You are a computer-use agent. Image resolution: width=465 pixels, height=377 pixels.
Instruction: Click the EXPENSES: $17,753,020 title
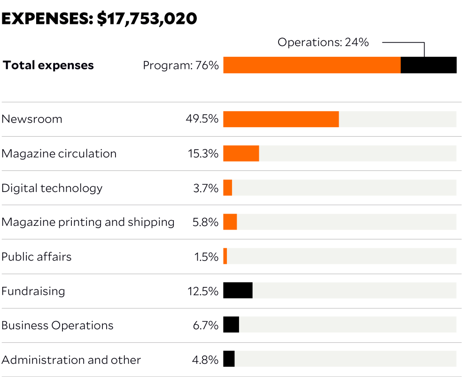click(x=99, y=19)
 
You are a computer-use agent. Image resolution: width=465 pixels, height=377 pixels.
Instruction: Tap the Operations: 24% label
click(x=323, y=42)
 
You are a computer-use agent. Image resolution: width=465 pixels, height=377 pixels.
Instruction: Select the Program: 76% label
click(x=181, y=65)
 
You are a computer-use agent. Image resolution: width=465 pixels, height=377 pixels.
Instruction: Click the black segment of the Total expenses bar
click(x=428, y=65)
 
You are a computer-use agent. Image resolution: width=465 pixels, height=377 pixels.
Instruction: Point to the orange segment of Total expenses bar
click(x=312, y=65)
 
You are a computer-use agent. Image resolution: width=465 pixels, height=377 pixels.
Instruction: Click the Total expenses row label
click(x=48, y=65)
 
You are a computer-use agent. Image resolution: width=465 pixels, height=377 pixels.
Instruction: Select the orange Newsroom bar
click(x=281, y=119)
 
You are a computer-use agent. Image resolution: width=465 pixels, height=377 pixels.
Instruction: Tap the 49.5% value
click(x=202, y=119)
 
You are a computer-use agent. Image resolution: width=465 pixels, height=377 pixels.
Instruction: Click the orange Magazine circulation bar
click(x=241, y=154)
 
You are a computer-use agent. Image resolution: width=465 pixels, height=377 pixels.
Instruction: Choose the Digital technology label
click(x=52, y=188)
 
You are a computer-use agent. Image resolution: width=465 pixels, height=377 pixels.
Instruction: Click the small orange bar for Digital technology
click(x=228, y=188)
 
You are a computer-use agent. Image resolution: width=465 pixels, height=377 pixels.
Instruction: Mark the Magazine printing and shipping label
click(x=88, y=222)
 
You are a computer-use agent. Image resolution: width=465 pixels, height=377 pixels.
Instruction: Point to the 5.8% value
click(x=205, y=223)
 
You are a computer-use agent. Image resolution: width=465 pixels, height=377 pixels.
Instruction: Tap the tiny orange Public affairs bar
click(x=225, y=256)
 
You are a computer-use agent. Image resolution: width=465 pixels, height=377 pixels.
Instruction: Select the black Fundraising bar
click(x=238, y=291)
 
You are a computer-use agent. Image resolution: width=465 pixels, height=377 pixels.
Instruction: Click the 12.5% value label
click(x=203, y=291)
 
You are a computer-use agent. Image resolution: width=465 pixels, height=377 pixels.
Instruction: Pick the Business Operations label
click(x=57, y=325)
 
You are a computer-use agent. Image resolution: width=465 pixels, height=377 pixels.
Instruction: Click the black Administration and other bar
click(x=229, y=359)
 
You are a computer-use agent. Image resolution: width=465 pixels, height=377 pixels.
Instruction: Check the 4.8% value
click(x=205, y=360)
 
